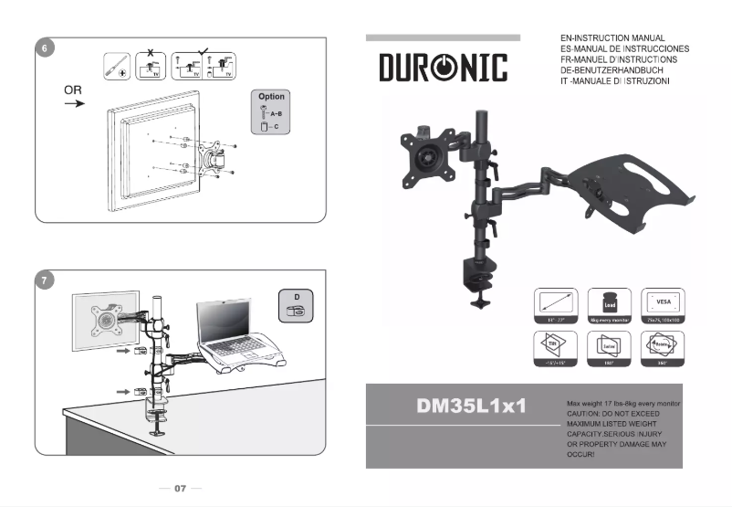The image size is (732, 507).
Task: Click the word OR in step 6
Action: point(74,90)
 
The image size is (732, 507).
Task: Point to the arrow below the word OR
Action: point(74,104)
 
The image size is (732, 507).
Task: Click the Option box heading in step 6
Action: point(271,96)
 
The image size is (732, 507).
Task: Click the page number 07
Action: point(180,489)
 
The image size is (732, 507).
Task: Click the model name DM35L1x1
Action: point(470,406)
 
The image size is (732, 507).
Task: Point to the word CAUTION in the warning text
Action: point(585,414)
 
